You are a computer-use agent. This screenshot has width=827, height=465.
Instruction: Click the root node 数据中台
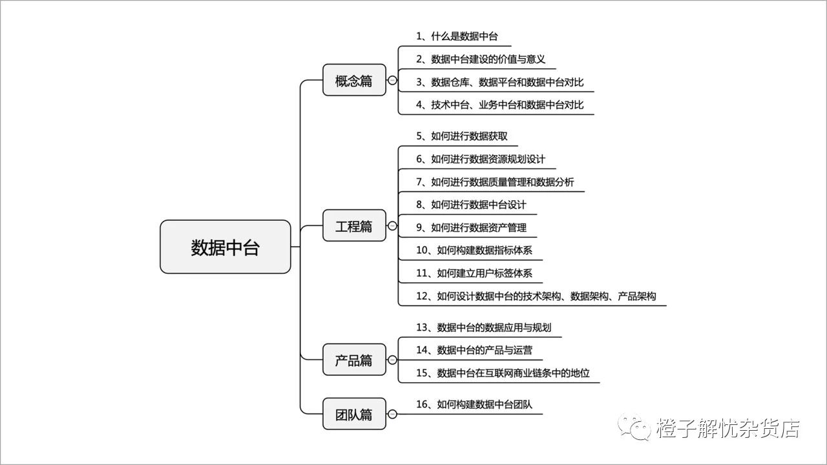pyautogui.click(x=225, y=247)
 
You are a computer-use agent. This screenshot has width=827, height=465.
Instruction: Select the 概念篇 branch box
pyautogui.click(x=354, y=79)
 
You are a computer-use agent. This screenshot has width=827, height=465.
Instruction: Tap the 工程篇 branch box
pyautogui.click(x=354, y=225)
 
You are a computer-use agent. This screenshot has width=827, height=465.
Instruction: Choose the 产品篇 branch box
pyautogui.click(x=354, y=360)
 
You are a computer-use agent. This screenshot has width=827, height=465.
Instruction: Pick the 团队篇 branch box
pyautogui.click(x=354, y=414)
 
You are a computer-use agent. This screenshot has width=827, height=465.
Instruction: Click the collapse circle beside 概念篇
pyautogui.click(x=392, y=79)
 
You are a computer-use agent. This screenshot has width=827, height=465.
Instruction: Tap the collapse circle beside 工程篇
pyautogui.click(x=392, y=225)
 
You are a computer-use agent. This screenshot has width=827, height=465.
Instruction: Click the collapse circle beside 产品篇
pyautogui.click(x=392, y=360)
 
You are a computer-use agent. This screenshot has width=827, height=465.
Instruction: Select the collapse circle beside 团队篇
pyautogui.click(x=392, y=414)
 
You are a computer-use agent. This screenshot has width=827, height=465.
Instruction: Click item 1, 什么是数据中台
pyautogui.click(x=457, y=36)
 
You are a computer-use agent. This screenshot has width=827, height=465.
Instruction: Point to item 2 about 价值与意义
pyautogui.click(x=481, y=59)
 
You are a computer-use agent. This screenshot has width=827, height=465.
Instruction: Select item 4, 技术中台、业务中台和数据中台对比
pyautogui.click(x=500, y=105)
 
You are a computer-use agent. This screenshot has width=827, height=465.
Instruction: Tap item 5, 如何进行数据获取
pyautogui.click(x=462, y=136)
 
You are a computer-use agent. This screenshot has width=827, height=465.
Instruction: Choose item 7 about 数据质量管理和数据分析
pyautogui.click(x=495, y=182)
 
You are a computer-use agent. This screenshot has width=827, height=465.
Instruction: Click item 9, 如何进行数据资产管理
pyautogui.click(x=472, y=227)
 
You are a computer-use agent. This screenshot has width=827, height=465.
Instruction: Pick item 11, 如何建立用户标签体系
pyautogui.click(x=474, y=273)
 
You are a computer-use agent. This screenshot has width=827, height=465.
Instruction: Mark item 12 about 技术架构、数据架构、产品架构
pyautogui.click(x=536, y=296)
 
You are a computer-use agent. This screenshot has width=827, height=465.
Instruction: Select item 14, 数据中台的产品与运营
pyautogui.click(x=474, y=350)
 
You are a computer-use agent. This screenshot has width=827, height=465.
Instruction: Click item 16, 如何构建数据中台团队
pyautogui.click(x=474, y=404)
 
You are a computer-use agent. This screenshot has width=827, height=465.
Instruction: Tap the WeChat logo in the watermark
pyautogui.click(x=634, y=428)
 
